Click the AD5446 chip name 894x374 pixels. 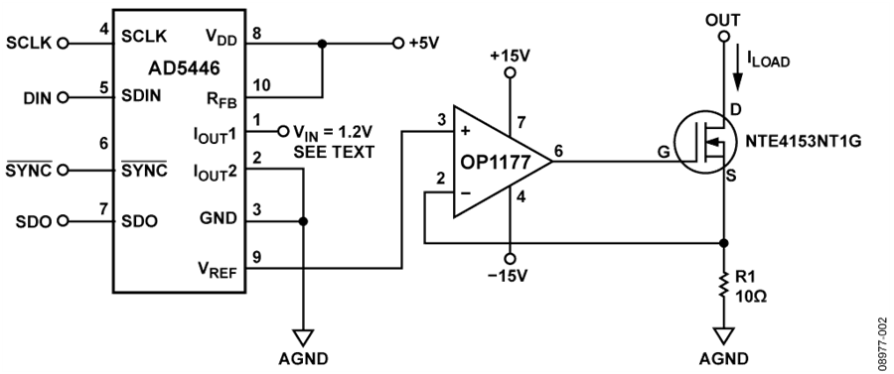click(x=180, y=68)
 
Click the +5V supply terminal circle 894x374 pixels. click(x=398, y=44)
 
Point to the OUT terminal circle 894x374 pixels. click(x=723, y=37)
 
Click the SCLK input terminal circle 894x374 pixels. click(x=64, y=43)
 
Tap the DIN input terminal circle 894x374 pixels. click(x=64, y=97)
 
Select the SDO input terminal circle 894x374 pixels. click(x=64, y=220)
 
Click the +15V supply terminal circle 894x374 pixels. click(x=510, y=72)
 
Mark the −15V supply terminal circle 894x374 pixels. click(x=510, y=257)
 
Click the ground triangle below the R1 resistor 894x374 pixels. click(x=723, y=335)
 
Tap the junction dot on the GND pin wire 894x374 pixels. click(x=303, y=221)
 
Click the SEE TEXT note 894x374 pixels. click(x=334, y=152)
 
